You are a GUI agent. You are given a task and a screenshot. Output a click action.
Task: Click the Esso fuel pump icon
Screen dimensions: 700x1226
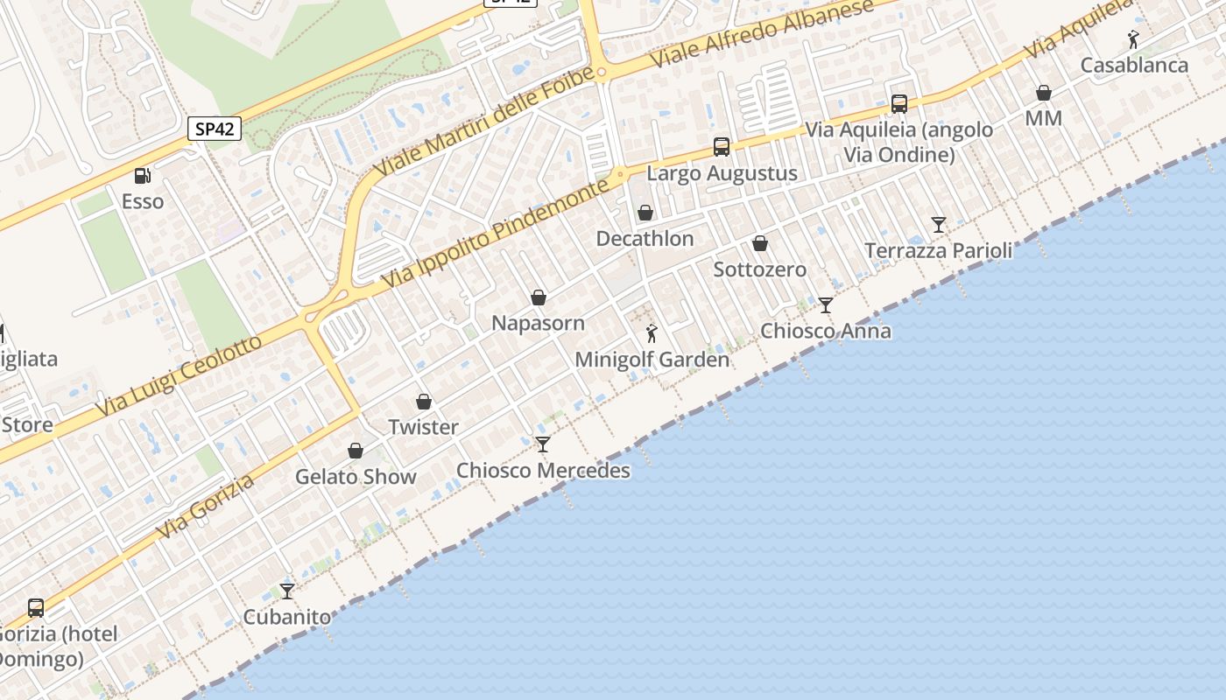point(142,176)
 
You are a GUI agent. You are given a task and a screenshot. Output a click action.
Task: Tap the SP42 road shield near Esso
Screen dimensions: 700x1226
point(215,129)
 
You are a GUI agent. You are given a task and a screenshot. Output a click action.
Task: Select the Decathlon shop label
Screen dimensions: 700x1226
point(645,238)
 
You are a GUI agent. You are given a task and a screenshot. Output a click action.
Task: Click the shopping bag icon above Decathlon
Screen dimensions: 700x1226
point(645,213)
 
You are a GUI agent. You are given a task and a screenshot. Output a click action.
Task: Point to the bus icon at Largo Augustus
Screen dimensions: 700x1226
point(722,146)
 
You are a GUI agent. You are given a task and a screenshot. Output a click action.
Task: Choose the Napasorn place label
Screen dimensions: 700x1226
point(538,323)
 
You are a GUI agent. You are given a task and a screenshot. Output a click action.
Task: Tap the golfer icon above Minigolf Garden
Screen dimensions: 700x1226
point(652,333)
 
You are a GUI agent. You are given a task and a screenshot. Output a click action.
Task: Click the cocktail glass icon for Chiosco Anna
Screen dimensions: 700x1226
point(826,304)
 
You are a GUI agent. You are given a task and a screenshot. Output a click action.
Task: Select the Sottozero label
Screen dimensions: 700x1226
point(759,269)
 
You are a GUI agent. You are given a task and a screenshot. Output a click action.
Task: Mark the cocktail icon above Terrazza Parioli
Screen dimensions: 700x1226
point(939,225)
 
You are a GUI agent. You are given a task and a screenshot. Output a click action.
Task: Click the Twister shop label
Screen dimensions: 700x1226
point(423,427)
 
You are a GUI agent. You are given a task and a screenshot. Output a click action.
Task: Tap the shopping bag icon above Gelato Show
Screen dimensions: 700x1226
point(356,451)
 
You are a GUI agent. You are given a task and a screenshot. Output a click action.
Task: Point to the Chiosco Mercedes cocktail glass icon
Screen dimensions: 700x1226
point(543,444)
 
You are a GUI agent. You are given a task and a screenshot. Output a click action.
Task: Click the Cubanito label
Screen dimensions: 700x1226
point(287,617)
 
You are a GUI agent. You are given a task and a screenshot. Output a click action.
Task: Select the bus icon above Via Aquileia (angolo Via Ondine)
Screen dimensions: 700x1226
point(899,103)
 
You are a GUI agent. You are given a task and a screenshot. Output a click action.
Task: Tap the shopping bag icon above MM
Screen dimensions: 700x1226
point(1044,93)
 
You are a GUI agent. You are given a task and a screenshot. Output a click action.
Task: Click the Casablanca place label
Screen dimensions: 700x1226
point(1134,66)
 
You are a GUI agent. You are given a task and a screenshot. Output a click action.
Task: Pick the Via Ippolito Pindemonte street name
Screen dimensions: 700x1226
point(495,234)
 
